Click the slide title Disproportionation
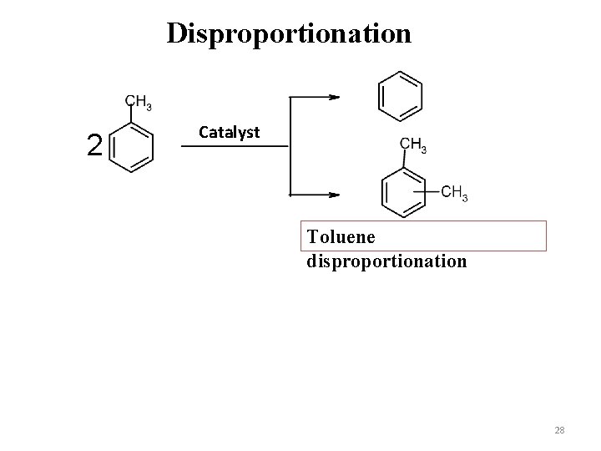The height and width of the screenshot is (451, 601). [x=289, y=33]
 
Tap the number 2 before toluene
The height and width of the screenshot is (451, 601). [x=95, y=146]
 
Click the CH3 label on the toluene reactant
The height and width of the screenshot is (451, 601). [x=139, y=104]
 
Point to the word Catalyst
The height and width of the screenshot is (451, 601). [x=230, y=132]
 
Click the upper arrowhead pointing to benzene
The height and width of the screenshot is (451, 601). [x=334, y=97]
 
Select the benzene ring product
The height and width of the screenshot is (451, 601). [x=401, y=95]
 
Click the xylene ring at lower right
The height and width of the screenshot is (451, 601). [x=403, y=191]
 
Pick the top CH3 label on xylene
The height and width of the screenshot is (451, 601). [x=414, y=145]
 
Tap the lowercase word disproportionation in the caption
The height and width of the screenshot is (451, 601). [x=386, y=261]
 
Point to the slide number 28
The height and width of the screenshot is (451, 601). [x=559, y=430]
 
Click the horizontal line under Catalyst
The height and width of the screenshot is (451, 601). [x=235, y=146]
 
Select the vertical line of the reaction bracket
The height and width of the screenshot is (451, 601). [x=289, y=146]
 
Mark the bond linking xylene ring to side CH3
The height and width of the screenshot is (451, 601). [x=431, y=191]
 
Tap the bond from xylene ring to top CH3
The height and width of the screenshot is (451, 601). [x=402, y=160]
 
